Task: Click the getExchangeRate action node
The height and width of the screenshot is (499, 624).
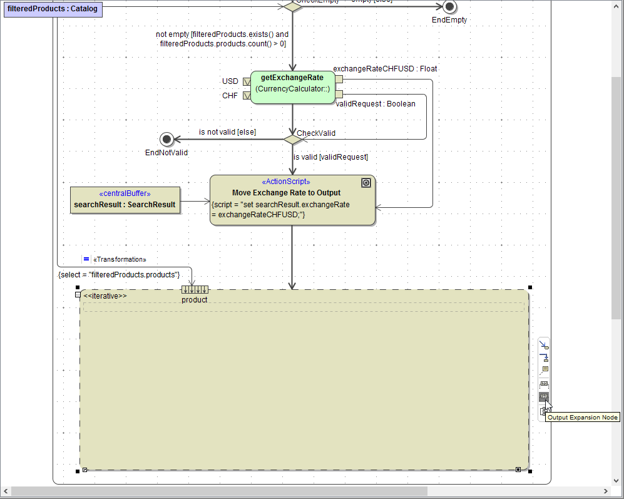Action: [292, 87]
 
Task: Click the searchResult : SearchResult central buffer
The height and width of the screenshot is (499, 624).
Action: [125, 200]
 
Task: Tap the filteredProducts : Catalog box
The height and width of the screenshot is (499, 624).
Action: [53, 9]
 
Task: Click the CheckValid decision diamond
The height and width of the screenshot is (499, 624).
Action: [292, 139]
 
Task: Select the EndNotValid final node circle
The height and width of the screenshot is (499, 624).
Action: [166, 139]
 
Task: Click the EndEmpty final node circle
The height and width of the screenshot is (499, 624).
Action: [449, 6]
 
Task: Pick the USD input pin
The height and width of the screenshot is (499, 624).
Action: [247, 81]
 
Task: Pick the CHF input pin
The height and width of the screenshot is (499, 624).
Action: [247, 96]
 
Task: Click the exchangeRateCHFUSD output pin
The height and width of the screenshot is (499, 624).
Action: [339, 80]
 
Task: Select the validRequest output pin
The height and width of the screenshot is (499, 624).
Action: [339, 94]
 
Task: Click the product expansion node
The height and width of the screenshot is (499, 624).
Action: [195, 289]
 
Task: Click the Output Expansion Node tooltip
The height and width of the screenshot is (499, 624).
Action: [583, 418]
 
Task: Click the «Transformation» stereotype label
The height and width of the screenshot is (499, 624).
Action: [119, 259]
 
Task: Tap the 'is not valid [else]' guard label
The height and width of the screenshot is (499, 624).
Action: [227, 132]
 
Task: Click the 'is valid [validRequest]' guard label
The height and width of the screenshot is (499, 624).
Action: [330, 157]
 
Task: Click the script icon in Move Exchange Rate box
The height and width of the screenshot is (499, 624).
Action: [367, 183]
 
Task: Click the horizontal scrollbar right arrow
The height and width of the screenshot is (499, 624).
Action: [605, 491]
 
